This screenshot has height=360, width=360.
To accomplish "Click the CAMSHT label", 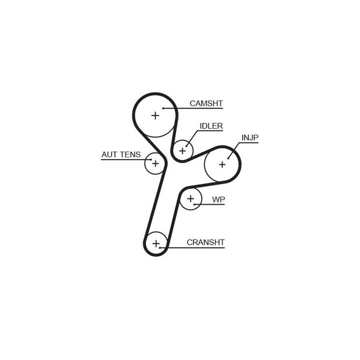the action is pyautogui.click(x=206, y=103).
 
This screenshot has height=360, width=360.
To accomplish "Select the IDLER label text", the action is pyautogui.click(x=211, y=126).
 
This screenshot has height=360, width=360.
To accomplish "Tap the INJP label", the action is pyautogui.click(x=250, y=138).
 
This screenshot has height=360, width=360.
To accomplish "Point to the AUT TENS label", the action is pyautogui.click(x=121, y=154).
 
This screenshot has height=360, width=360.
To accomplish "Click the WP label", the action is pyautogui.click(x=218, y=200).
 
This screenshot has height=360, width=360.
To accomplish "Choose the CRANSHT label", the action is pyautogui.click(x=206, y=242).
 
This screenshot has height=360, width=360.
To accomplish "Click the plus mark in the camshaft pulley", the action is pyautogui.click(x=156, y=115).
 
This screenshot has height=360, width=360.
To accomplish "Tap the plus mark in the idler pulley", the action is pyautogui.click(x=182, y=151).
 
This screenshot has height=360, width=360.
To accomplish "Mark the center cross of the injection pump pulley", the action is pyautogui.click(x=222, y=164).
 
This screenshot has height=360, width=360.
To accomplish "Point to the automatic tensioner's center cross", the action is pyautogui.click(x=156, y=164).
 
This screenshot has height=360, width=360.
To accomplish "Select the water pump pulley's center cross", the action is pyautogui.click(x=190, y=198).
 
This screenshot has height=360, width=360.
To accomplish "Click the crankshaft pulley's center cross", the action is pyautogui.click(x=156, y=244).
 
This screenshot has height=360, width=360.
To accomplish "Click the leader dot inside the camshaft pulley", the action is pyautogui.click(x=163, y=108).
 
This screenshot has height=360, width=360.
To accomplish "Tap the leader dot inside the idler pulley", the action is pyautogui.click(x=186, y=146).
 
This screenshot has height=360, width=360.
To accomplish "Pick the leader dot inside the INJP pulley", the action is pyautogui.click(x=228, y=158).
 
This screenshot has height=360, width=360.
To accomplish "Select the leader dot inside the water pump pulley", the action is pyautogui.click(x=194, y=204).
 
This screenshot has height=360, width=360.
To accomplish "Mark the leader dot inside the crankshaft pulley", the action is pyautogui.click(x=160, y=248).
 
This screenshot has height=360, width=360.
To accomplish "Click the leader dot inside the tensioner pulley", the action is pyautogui.click(x=151, y=160).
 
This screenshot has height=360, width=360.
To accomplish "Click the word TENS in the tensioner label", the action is pyautogui.click(x=130, y=154).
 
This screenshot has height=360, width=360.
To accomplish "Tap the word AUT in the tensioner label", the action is pyautogui.click(x=109, y=154).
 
